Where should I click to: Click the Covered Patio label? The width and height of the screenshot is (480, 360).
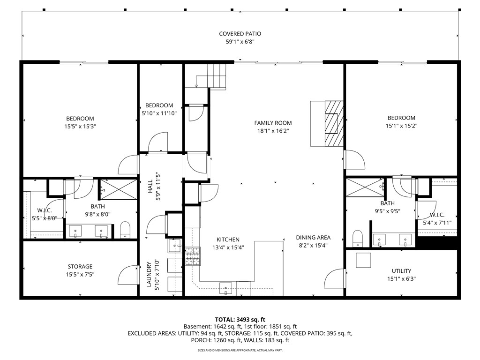coord(240,34)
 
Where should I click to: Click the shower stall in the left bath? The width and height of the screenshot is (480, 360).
coord(118,190)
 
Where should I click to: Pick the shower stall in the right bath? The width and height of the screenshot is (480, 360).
coord(364,188)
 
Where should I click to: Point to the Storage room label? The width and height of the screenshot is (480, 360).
coord(80,267)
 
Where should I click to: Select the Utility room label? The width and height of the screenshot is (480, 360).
coord(401,271)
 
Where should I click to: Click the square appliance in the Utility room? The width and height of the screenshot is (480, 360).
coord(363,260)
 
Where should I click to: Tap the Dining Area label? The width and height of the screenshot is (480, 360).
coord(313,237)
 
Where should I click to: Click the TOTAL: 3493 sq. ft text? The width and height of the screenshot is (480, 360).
coord(240,319)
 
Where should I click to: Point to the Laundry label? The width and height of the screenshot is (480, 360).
coord(150,274)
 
